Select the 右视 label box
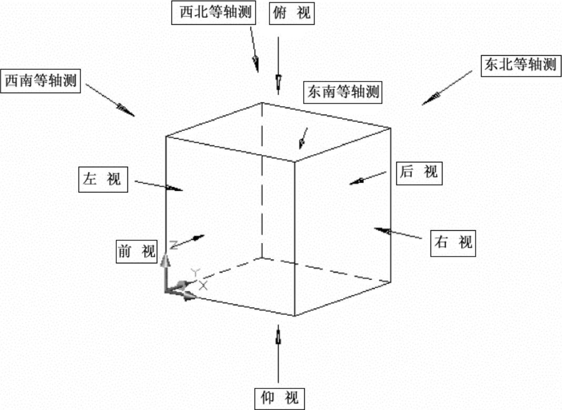click(x=454, y=242)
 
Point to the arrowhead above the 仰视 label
click(x=278, y=334)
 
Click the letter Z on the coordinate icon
click(x=174, y=244)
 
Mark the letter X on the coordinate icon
click(x=203, y=285)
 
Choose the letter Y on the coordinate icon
click(x=195, y=272)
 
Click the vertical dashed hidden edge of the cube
click(x=262, y=184)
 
